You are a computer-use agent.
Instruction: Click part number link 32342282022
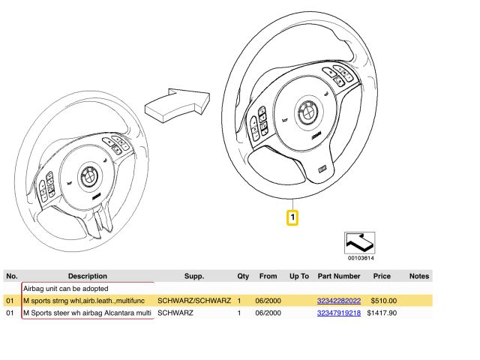[338, 301]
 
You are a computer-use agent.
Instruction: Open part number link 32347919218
[338, 313]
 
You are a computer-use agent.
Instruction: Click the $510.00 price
[383, 301]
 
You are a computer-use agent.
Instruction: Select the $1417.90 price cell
[382, 313]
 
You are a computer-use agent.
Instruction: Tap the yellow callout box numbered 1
[292, 217]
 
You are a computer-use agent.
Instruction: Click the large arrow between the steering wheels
[178, 105]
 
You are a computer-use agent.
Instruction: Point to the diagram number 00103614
[361, 258]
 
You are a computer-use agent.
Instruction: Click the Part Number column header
[339, 276]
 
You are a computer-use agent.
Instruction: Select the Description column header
[88, 276]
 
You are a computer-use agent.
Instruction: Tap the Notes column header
[419, 276]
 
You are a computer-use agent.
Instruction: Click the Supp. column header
[194, 276]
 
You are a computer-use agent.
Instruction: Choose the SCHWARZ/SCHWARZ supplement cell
[194, 301]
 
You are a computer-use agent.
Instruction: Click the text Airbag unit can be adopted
[66, 288]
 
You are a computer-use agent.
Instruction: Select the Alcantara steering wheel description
[87, 313]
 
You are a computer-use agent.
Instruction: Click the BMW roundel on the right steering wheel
[307, 112]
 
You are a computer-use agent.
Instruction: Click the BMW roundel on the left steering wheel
[89, 177]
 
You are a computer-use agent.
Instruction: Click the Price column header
[382, 276]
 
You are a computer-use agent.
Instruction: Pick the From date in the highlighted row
[268, 301]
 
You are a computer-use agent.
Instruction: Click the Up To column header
[299, 276]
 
